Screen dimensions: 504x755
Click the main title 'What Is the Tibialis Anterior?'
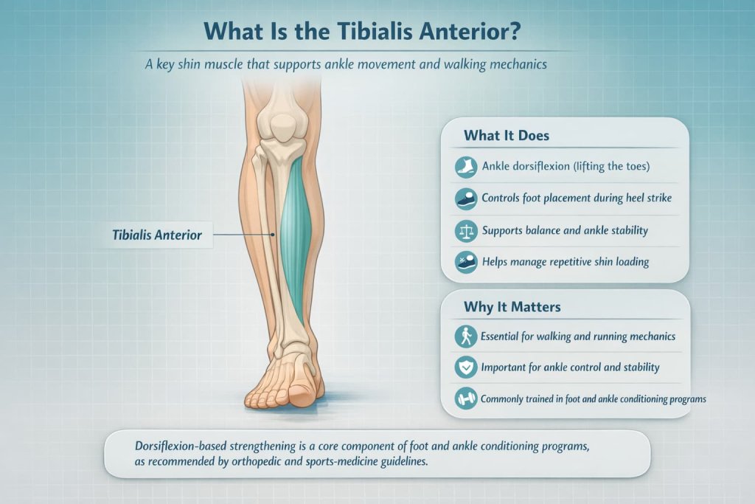coord(377,35)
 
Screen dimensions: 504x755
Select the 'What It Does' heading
coord(506,136)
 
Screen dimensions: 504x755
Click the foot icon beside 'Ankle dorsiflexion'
coord(465,168)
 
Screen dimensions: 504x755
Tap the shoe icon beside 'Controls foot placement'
coord(465,199)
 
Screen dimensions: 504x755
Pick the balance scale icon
coord(465,231)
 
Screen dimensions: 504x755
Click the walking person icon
coord(465,336)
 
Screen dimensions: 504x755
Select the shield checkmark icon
coord(465,367)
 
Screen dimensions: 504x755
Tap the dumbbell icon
coord(465,398)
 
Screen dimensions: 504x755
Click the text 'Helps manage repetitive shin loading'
coord(565,262)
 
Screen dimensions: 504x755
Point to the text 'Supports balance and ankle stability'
coord(565,231)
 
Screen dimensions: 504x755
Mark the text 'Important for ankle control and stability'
coord(570,367)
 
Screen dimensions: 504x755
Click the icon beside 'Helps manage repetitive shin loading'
coord(465,262)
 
